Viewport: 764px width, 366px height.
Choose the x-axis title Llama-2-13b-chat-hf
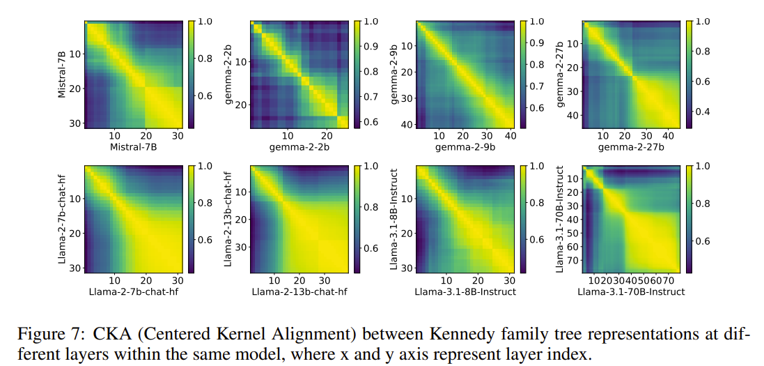pos(299,291)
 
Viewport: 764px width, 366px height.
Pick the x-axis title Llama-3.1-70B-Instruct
pos(631,291)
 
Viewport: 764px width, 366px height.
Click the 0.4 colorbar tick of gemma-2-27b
pos(703,112)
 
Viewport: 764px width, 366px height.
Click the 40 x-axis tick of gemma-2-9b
pos(510,136)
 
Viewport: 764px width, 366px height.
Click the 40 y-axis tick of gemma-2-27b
pos(574,114)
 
